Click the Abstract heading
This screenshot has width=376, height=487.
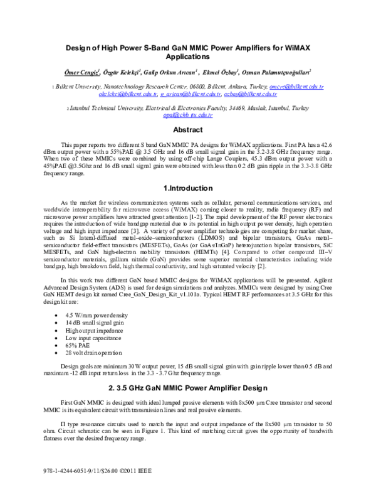pos(187,130)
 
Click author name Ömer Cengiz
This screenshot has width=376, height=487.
pos(83,72)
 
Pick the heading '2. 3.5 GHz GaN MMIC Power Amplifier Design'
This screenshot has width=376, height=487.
pos(187,386)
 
